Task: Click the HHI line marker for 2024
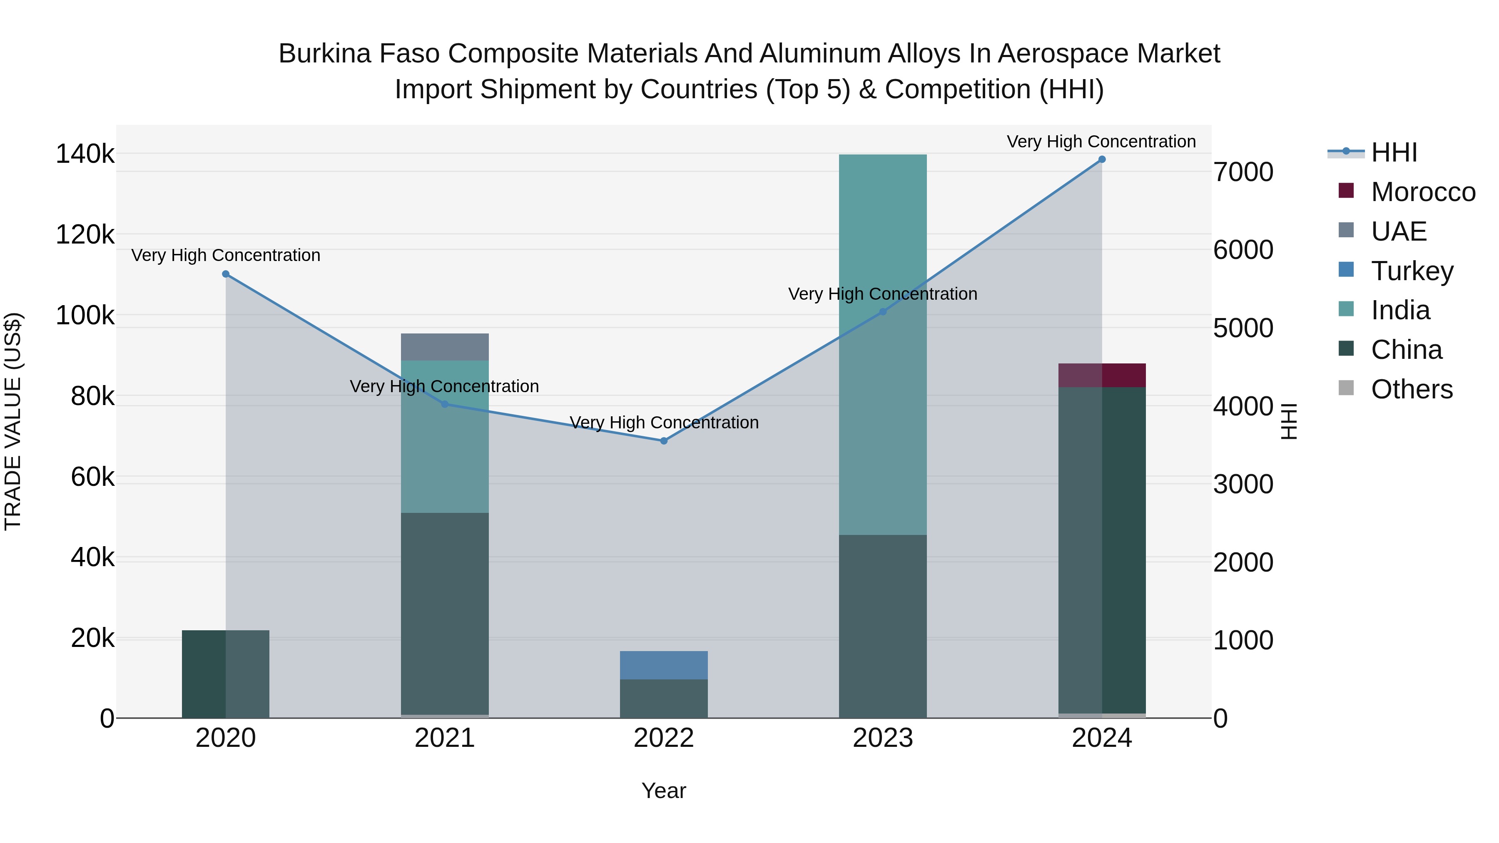point(1101,159)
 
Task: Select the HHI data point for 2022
point(663,441)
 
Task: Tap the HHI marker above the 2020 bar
point(226,274)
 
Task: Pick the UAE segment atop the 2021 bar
point(445,347)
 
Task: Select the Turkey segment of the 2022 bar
point(663,665)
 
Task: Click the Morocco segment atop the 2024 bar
point(1101,375)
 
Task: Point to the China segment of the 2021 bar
point(445,611)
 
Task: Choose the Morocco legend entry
point(1422,192)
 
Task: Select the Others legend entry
point(1411,389)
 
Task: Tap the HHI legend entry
point(1394,152)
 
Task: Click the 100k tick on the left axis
point(85,316)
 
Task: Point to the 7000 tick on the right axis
point(1243,172)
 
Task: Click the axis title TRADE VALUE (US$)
point(13,421)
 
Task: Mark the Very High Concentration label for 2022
point(663,423)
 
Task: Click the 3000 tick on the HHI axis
point(1243,485)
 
